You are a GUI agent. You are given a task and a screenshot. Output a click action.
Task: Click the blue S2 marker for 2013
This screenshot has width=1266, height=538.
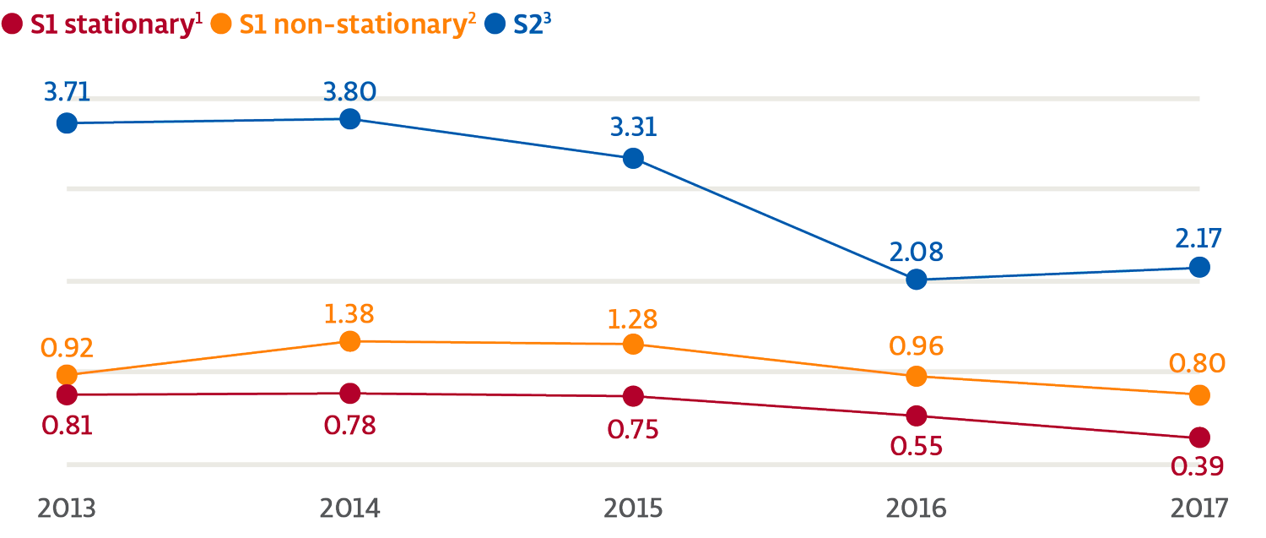[68, 123]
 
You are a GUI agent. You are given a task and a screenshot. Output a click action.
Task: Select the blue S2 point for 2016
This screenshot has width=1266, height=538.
[917, 280]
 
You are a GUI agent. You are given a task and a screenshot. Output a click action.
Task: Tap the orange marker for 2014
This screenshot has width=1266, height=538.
[350, 341]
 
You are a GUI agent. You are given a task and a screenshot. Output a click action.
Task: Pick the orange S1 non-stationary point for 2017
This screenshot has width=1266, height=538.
[1199, 394]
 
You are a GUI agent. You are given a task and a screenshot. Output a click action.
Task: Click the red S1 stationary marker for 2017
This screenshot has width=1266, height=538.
[1199, 437]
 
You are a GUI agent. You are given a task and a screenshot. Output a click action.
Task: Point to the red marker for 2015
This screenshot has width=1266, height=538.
[633, 395]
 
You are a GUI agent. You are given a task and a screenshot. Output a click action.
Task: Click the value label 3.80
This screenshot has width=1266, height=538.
[349, 90]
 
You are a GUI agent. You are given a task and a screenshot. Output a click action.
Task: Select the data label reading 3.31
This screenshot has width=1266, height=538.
[632, 128]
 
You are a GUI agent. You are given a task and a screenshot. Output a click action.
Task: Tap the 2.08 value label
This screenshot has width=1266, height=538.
[916, 251]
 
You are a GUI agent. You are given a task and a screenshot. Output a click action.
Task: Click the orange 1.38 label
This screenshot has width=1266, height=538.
[349, 314]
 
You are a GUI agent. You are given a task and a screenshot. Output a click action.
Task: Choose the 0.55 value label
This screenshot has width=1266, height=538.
[916, 444]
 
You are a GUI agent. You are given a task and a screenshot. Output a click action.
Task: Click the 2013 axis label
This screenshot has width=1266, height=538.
[67, 509]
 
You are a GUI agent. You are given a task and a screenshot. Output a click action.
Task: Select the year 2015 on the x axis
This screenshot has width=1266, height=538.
[633, 509]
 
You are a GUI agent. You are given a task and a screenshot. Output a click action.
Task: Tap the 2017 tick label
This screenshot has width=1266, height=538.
[1199, 509]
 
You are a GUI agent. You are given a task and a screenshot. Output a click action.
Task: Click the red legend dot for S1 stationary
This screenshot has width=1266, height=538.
[13, 24]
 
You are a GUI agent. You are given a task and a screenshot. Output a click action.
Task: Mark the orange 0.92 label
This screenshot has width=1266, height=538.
[68, 347]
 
